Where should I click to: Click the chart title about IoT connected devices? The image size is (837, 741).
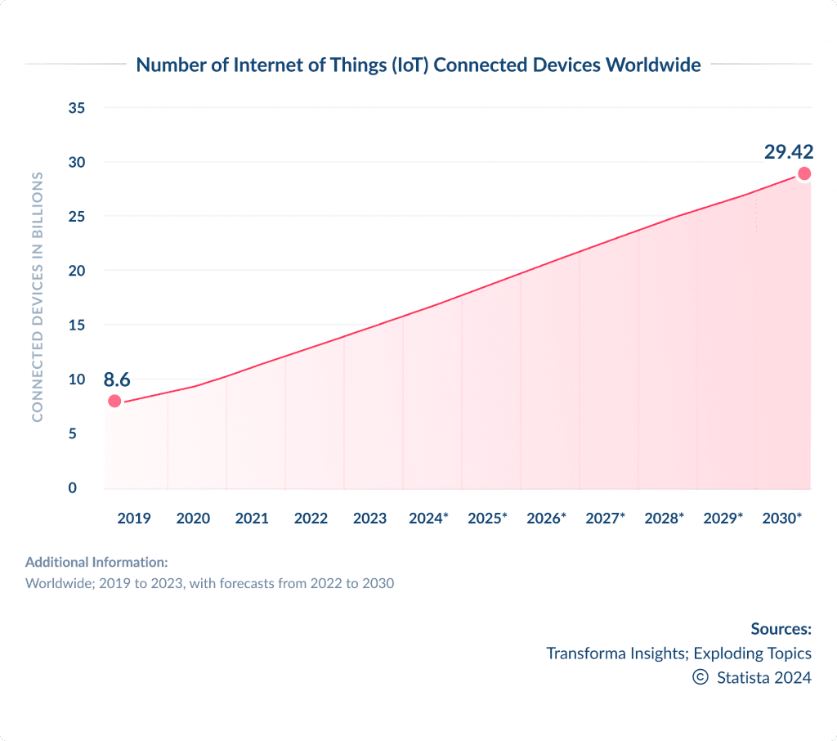click(x=418, y=65)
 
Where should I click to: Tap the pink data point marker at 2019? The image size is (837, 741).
click(x=114, y=401)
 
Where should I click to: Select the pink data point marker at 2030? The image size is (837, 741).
click(x=804, y=173)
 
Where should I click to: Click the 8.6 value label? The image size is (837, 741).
click(x=117, y=379)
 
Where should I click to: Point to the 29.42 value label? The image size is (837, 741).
click(x=789, y=152)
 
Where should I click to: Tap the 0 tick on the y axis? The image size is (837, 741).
click(x=73, y=488)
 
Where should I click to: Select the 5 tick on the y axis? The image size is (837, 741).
click(x=73, y=433)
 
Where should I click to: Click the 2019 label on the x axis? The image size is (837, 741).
click(x=134, y=519)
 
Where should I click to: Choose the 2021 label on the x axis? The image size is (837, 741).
click(x=252, y=519)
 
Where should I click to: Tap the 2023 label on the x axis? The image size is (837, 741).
click(x=369, y=519)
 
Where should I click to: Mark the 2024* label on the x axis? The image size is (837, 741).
click(x=428, y=519)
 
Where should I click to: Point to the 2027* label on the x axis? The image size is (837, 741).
click(x=605, y=519)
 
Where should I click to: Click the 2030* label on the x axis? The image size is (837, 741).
click(x=781, y=519)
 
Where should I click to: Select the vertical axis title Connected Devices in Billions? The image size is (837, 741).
click(x=37, y=298)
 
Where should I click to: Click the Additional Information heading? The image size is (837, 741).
click(x=96, y=563)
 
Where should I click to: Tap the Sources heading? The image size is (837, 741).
click(x=781, y=629)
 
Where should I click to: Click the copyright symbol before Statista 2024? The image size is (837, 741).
click(x=700, y=677)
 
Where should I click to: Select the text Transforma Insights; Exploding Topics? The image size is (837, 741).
click(x=678, y=653)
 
